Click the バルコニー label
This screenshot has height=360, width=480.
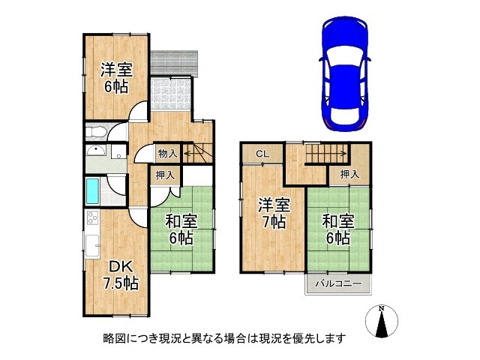[x=337, y=284]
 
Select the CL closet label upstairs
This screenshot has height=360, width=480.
[x=262, y=154]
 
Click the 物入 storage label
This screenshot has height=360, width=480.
[x=167, y=154]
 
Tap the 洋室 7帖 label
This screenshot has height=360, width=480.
[x=275, y=212]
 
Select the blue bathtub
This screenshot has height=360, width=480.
[x=92, y=191]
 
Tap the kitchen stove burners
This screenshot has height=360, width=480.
[x=93, y=219]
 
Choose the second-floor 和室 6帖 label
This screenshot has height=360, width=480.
[x=337, y=229]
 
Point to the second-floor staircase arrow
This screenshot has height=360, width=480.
[x=327, y=155]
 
